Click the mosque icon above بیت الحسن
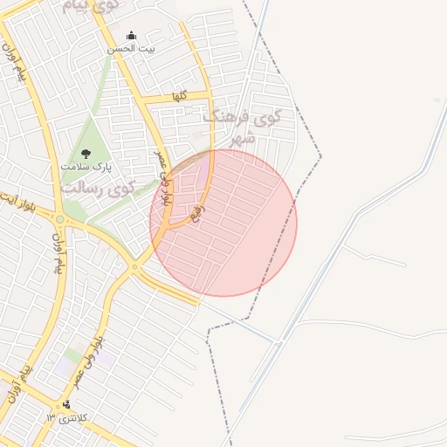click(131, 36)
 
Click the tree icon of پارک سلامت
click(85, 154)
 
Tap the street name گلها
click(180, 95)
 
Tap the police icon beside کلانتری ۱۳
click(66, 405)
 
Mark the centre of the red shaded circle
click(223, 223)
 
